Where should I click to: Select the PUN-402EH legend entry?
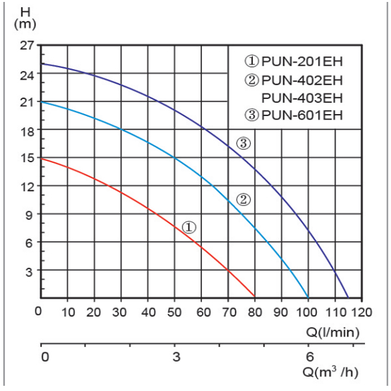(x=294, y=81)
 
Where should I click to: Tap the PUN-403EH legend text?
(x=302, y=98)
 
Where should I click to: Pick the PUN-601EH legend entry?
(x=294, y=117)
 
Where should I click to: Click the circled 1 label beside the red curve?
(x=188, y=227)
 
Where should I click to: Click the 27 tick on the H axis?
(x=26, y=46)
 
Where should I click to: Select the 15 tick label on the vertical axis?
(x=26, y=158)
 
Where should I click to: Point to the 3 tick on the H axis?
(x=29, y=270)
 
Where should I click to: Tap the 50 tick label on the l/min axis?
(x=174, y=311)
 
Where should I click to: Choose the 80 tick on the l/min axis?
(x=254, y=311)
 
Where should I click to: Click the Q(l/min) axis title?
(x=333, y=331)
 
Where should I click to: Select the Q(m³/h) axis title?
(x=330, y=373)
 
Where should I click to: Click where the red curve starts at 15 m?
(x=41, y=158)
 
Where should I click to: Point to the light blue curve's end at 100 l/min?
(x=308, y=297)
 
